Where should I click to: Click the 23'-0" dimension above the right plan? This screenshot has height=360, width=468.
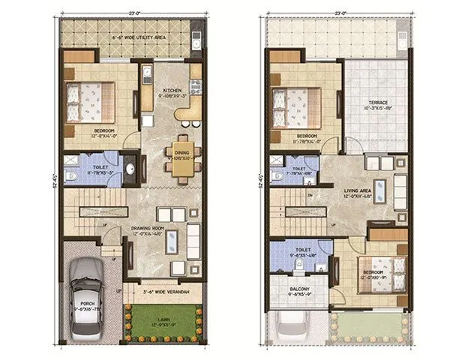click(x=339, y=13)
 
